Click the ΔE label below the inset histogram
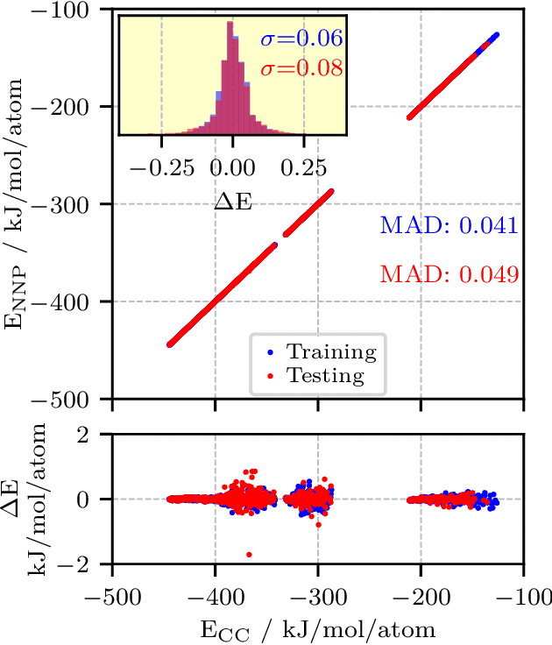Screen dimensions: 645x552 click(231, 201)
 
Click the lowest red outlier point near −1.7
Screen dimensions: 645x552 click(250, 554)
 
